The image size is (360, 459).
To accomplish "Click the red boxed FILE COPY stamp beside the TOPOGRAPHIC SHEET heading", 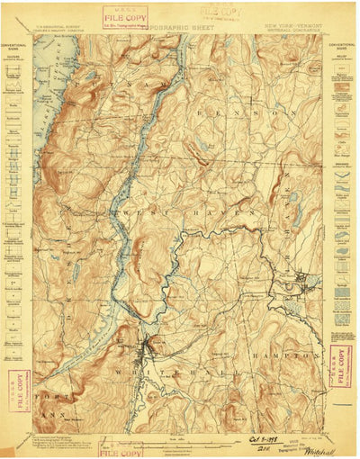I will [125, 18].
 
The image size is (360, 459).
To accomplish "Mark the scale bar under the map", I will [180, 441].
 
